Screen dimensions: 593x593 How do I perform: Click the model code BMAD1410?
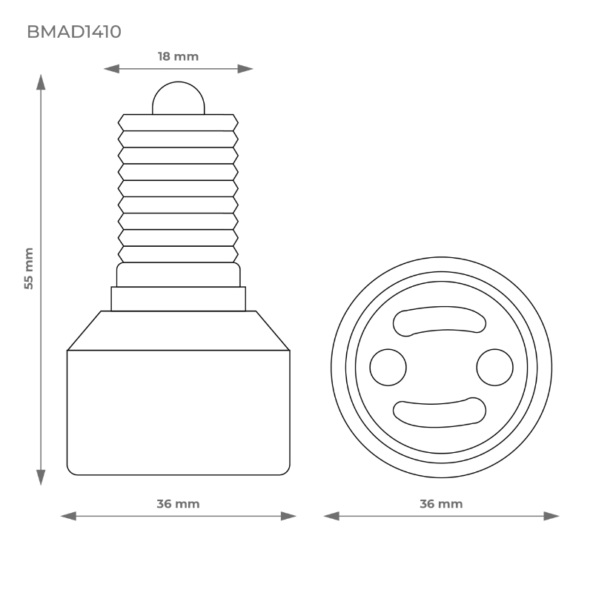coord(74,32)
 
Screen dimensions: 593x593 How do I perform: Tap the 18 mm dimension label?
coord(178,57)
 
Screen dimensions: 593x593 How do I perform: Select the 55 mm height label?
coord(29,268)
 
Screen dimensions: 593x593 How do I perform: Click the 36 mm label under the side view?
coord(178,504)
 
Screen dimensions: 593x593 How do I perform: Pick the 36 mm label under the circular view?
coord(441,504)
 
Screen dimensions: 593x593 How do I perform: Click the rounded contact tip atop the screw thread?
coord(178,98)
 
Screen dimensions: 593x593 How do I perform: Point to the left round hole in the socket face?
coord(388,367)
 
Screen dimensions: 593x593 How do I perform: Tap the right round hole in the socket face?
coord(494,367)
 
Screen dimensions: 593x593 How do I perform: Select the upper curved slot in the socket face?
coord(440,321)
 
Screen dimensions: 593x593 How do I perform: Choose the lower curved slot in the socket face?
coord(440,413)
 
